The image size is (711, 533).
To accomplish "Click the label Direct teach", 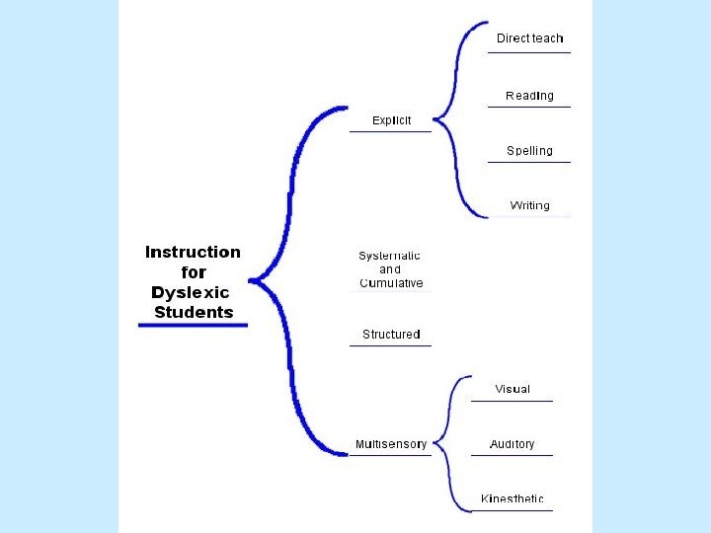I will (x=529, y=38).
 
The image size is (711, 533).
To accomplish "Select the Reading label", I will (x=529, y=96).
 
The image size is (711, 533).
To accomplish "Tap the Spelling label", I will (x=529, y=151).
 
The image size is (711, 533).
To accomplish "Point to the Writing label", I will (x=529, y=205).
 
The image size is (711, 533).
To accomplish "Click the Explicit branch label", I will (x=391, y=120).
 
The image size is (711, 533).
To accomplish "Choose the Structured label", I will (x=391, y=335).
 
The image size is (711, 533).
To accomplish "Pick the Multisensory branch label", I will (x=392, y=444).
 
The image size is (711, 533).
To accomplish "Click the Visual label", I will (x=513, y=389).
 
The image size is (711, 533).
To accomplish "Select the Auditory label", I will (x=512, y=444).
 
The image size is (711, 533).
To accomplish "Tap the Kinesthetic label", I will (x=512, y=498).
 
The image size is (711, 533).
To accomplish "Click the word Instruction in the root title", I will (x=193, y=252).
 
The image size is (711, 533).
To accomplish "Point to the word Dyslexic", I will (x=190, y=292).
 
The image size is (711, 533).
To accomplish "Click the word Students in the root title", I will (x=194, y=313).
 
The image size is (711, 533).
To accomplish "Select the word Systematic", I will (x=389, y=256).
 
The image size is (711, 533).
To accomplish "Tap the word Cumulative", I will (x=391, y=283).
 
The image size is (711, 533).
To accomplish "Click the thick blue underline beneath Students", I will (x=193, y=325).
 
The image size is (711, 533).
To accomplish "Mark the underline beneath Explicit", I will (x=391, y=130).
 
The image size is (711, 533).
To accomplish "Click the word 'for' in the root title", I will (x=194, y=272).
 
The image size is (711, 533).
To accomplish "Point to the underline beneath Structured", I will (x=391, y=345).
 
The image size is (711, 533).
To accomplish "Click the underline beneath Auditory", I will (x=512, y=455).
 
